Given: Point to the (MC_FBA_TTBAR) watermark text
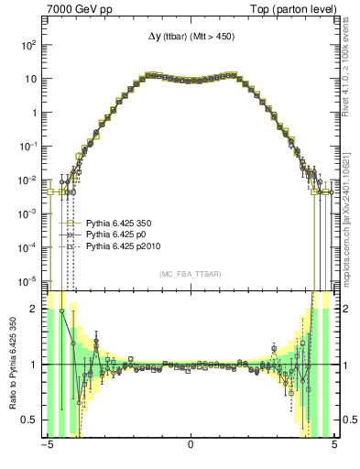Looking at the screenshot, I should click(190, 274).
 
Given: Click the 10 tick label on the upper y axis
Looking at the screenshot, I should click(31, 78).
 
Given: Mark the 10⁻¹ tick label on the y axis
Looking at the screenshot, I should click(28, 146).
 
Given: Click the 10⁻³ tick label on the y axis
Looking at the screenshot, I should click(28, 213).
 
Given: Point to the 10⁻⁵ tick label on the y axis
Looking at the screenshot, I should click(28, 280).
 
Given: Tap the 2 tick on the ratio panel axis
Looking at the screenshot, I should click(35, 310).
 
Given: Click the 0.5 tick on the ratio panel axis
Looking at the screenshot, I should click(31, 420).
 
